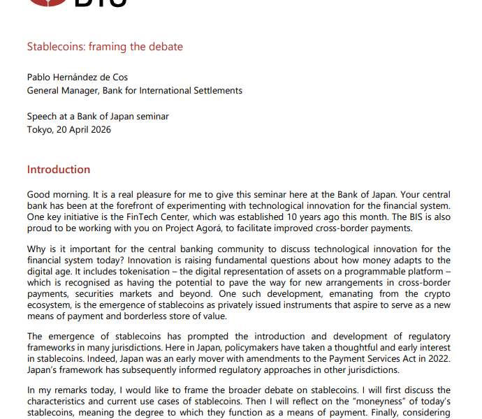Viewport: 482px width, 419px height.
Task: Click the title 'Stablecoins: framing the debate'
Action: coord(105,47)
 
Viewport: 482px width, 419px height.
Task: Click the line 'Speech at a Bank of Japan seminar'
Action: coord(98,117)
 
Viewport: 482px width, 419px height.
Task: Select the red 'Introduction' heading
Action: coord(59,170)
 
